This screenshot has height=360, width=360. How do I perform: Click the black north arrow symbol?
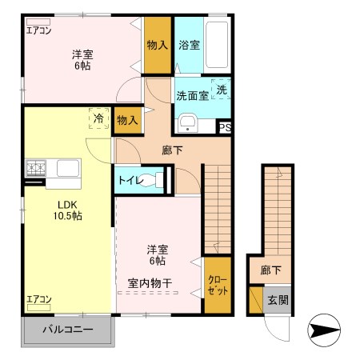tap(323, 328)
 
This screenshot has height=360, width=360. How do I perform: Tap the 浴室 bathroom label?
tap(190, 46)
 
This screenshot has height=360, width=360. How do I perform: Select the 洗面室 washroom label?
tap(192, 94)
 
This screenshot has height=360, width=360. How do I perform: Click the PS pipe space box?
tap(225, 126)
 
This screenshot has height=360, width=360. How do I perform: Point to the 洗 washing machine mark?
tap(222, 89)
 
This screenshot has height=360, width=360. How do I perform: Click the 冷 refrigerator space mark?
tap(98, 118)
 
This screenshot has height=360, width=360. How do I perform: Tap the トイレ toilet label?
tap(131, 180)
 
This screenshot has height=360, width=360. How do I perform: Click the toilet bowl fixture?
tap(161, 179)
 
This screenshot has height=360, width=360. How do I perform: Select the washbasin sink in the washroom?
tap(187, 121)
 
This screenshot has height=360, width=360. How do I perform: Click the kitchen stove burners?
tap(37, 168)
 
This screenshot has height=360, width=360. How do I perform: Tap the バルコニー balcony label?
tap(68, 330)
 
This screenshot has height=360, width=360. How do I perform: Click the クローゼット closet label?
tap(217, 285)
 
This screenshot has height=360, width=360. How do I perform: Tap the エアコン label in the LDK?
tap(39, 299)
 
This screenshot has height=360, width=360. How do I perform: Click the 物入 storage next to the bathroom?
tap(157, 46)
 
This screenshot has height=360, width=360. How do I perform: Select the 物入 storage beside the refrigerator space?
tap(126, 120)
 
